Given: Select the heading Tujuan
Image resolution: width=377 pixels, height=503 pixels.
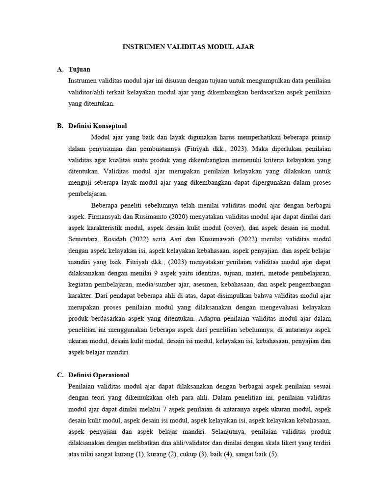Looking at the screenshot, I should (x=80, y=69).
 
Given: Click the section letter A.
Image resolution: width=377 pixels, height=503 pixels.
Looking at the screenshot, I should (x=60, y=69).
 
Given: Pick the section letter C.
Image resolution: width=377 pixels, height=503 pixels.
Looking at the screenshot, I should (x=60, y=375).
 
